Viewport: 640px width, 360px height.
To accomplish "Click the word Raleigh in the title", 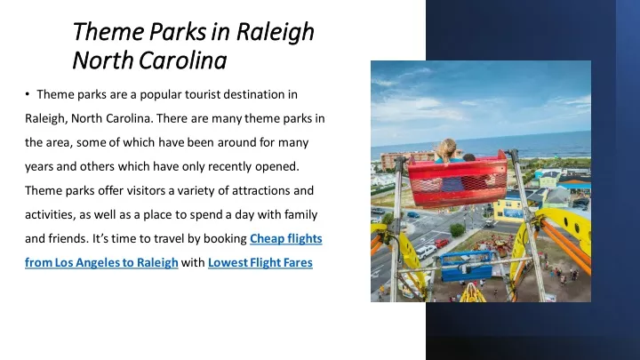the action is [275, 32].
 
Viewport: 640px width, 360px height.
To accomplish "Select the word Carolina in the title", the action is [183, 60].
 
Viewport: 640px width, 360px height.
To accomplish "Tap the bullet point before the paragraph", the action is [28, 94].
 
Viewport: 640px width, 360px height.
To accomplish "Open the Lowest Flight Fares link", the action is [260, 262].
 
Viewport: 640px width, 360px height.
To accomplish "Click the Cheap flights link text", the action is [285, 238].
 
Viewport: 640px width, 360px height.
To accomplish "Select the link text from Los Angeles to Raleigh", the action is [101, 262].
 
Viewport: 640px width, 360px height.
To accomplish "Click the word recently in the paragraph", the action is [230, 166].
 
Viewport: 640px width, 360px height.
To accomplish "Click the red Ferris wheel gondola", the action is [457, 180].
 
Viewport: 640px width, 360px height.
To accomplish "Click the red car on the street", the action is [442, 244].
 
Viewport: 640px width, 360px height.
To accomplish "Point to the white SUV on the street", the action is [425, 252].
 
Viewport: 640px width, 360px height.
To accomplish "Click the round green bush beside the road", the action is [457, 230].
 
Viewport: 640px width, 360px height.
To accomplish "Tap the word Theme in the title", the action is [108, 32].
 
